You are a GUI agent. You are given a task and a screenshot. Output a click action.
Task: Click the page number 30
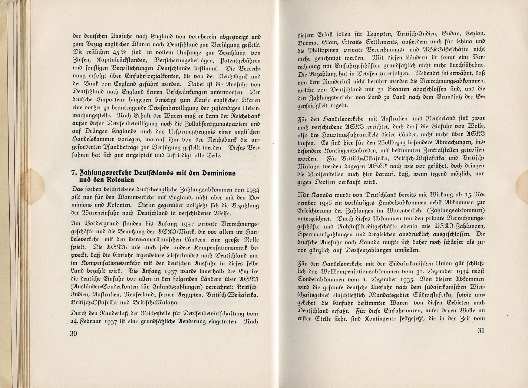(74, 334)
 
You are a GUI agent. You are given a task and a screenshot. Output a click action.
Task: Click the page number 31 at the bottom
(481, 330)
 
